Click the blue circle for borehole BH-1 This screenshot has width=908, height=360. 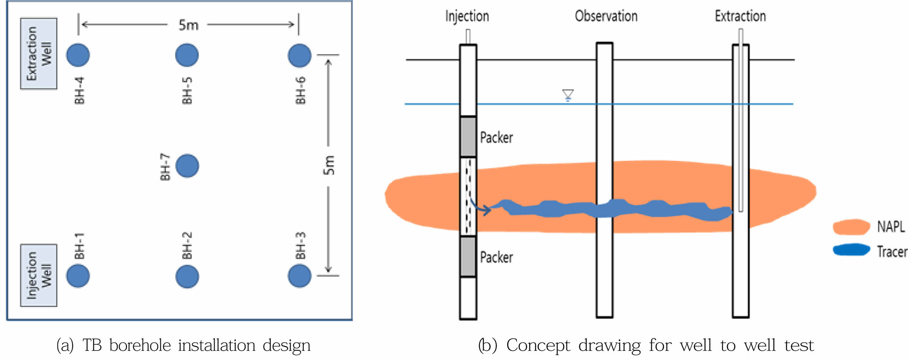click(78, 276)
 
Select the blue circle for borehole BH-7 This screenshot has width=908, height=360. click(187, 166)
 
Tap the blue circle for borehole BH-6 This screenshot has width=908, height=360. click(299, 55)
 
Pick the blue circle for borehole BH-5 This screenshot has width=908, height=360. click(187, 55)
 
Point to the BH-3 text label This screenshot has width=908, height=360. click(301, 245)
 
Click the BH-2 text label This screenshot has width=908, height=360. click(187, 245)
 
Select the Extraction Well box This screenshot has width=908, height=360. click(38, 53)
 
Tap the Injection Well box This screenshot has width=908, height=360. click(38, 275)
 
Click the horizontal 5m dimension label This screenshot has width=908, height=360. click(188, 25)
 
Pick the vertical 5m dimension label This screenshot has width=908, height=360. click(329, 165)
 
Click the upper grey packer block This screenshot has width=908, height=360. click(468, 137)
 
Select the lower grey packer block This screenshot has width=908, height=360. click(468, 257)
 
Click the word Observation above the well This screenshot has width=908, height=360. click(606, 16)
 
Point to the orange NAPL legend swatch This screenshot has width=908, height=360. click(851, 227)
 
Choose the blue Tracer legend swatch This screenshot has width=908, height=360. click(851, 250)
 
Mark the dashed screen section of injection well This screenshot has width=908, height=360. click(468, 196)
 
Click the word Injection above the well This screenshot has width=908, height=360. click(467, 16)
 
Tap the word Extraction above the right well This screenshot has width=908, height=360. click(740, 16)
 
